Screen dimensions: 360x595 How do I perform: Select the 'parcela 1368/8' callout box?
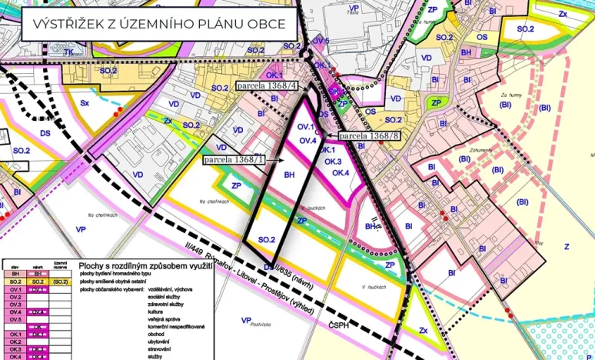pos(370,136)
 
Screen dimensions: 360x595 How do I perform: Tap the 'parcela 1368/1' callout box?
pos(234,159)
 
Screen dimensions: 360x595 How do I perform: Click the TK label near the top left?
pos(68,52)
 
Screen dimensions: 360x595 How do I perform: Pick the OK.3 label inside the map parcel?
pos(332,162)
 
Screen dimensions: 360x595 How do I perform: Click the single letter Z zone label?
pos(567,246)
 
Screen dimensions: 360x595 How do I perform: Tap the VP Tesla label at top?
pos(354,9)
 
